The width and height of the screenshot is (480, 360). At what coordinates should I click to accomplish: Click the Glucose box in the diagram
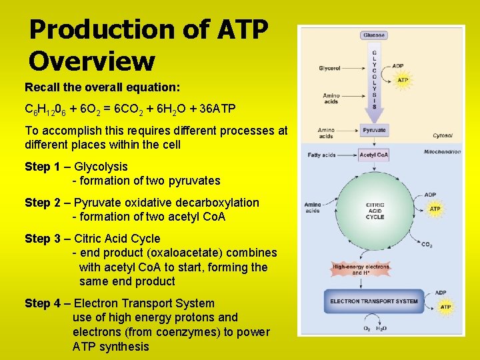coord(374,35)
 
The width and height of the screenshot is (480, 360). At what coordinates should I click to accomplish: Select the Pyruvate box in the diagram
coord(374,131)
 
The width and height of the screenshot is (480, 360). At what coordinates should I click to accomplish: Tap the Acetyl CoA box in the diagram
coord(374,155)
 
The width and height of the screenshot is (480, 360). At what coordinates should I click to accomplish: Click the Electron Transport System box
coord(374,301)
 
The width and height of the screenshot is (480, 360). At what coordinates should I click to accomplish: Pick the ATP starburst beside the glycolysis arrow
coord(403,80)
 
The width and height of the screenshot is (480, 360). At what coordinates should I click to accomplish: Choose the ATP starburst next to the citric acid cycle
coord(435,209)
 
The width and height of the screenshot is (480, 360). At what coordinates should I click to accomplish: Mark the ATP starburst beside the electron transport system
coord(445,307)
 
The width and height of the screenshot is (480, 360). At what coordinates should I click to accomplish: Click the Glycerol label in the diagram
coord(329,68)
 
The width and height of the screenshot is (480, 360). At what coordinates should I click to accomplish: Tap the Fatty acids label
coord(322,155)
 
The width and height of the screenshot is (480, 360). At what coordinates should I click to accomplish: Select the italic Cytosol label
coord(442,135)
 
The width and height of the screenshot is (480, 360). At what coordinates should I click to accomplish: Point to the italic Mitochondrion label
coord(442,152)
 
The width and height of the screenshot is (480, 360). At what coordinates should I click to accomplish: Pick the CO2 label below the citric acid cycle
coord(427,245)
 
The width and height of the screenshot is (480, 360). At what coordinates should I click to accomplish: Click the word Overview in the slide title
coord(92,61)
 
